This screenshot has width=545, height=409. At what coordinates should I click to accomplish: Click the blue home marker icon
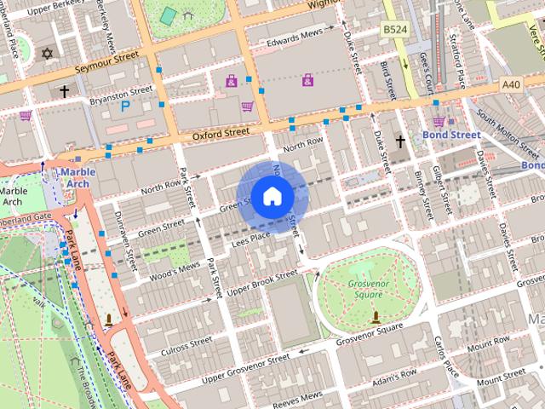pos(271,196)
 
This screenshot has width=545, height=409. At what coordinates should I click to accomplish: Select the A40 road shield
pos(511,84)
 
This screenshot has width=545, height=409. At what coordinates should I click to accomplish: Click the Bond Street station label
pos(451,135)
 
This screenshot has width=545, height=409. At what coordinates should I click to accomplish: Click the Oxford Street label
pos(221,133)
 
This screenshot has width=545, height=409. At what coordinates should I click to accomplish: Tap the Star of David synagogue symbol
pos(47,55)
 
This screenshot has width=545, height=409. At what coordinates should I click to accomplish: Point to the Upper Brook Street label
pos(261,282)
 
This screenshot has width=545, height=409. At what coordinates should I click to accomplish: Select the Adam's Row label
pos(393,373)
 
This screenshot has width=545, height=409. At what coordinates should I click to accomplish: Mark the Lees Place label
pos(251,241)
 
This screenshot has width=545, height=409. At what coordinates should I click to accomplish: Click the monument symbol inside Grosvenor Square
pos(376,317)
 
